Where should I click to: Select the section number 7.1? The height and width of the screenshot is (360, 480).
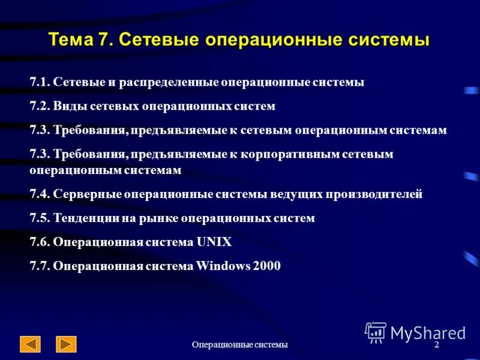click(x=40, y=82)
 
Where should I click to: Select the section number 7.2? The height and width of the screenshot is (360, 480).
click(x=40, y=106)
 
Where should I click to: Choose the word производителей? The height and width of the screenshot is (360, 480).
click(x=374, y=194)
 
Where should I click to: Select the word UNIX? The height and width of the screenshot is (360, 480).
click(x=214, y=242)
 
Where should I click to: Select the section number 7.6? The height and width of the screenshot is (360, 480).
click(x=40, y=242)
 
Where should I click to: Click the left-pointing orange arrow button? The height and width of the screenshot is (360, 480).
click(x=30, y=344)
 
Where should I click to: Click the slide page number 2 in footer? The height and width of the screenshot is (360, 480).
click(x=436, y=345)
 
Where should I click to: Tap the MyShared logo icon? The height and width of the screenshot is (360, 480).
click(x=376, y=332)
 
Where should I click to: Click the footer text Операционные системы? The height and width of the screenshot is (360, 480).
click(x=240, y=344)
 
